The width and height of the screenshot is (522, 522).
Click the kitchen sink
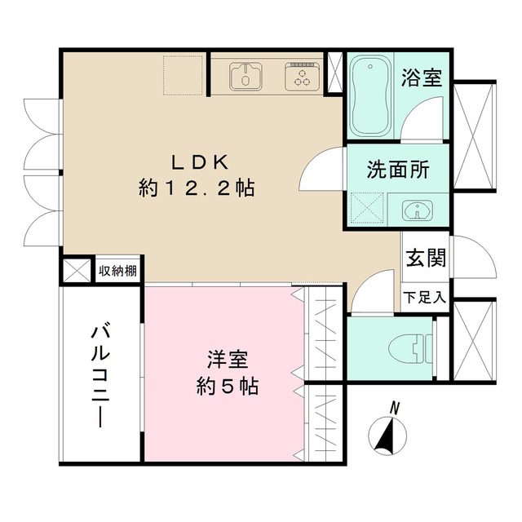(x=246, y=76)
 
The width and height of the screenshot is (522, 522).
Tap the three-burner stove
(x=303, y=76)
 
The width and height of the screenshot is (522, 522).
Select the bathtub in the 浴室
(x=370, y=95)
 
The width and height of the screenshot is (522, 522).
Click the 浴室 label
(x=422, y=77)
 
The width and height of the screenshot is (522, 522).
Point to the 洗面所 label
(x=398, y=170)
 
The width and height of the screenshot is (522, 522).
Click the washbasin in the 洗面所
(x=418, y=210)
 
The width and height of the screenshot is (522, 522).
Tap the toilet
(x=410, y=348)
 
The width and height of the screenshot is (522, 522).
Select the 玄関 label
(x=426, y=258)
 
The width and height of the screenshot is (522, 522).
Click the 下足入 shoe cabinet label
(x=424, y=298)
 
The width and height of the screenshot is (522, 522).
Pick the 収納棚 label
(x=117, y=271)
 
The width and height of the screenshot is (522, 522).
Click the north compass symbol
(x=387, y=436)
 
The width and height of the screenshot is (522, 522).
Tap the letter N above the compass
(x=395, y=408)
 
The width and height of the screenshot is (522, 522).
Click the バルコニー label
(x=100, y=374)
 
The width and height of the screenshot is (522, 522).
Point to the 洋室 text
(x=228, y=361)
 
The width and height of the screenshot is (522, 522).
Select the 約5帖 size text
(x=228, y=386)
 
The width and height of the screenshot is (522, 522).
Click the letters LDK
(x=200, y=163)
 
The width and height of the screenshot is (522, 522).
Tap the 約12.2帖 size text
(x=197, y=188)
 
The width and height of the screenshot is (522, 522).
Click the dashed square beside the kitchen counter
(x=183, y=75)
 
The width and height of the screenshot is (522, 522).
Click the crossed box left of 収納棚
(x=77, y=270)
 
